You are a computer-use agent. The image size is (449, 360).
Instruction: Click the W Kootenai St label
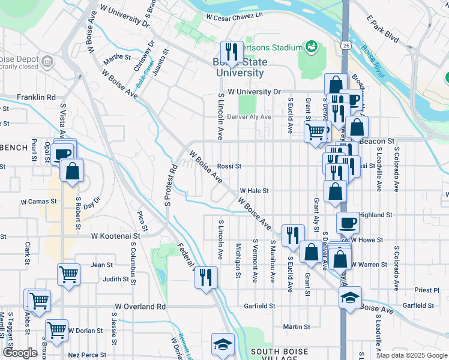click(116, 236)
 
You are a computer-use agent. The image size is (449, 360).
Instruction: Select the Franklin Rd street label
click(36, 97)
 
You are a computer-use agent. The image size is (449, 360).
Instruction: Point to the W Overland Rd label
click(140, 306)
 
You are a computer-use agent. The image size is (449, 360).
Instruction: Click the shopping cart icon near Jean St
click(69, 274)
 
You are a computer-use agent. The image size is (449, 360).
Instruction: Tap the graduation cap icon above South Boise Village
click(223, 345)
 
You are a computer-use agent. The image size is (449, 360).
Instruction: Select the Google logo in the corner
click(20, 353)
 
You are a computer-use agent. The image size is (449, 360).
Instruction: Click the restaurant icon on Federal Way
click(206, 277)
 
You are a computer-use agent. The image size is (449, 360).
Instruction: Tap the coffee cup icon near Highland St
click(348, 223)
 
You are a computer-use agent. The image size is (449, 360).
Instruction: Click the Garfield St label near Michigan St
click(259, 306)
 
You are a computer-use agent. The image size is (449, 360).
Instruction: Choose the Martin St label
click(297, 327)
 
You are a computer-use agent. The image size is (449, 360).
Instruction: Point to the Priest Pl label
click(427, 289)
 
